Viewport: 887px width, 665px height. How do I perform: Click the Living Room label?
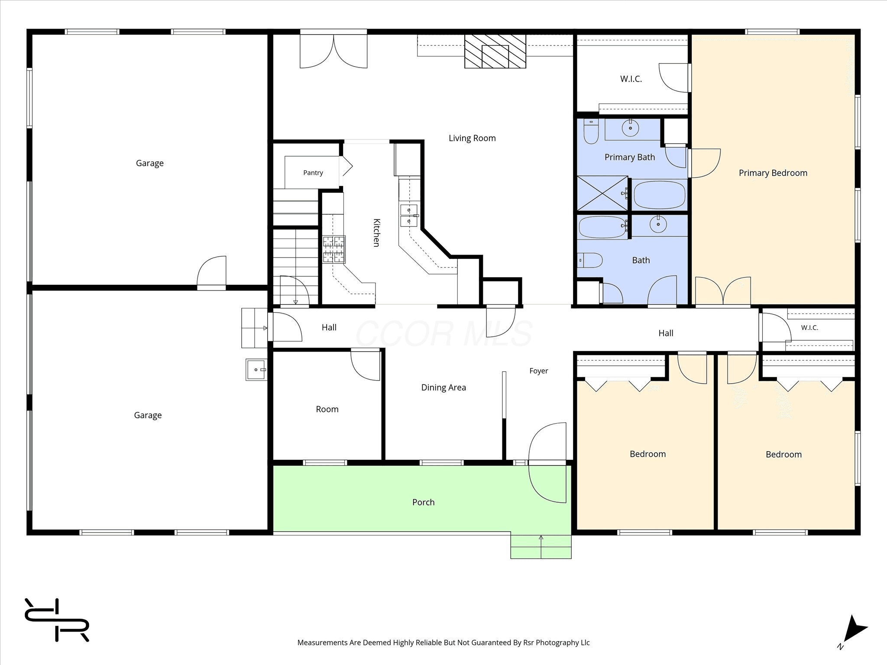pyautogui.click(x=472, y=138)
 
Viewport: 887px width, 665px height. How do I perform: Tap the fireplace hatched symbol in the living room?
pyautogui.click(x=495, y=52)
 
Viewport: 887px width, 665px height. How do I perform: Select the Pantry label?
pyautogui.click(x=313, y=173)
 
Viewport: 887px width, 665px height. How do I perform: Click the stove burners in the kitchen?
pyautogui.click(x=334, y=249)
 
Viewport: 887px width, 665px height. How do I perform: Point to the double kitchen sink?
pyautogui.click(x=409, y=216)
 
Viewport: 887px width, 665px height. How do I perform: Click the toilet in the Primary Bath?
pyautogui.click(x=591, y=131)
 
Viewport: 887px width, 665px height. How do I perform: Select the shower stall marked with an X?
pyautogui.click(x=602, y=193)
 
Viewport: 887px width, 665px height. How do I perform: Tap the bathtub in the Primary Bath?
pyautogui.click(x=660, y=195)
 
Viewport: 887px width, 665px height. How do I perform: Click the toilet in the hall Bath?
pyautogui.click(x=590, y=261)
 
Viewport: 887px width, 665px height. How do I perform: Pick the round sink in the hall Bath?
pyautogui.click(x=658, y=224)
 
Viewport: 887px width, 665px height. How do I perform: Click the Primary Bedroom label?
pyautogui.click(x=773, y=173)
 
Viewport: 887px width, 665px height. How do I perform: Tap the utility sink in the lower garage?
pyautogui.click(x=256, y=370)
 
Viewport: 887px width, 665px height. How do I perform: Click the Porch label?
pyautogui.click(x=423, y=502)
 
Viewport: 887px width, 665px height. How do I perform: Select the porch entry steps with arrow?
pyautogui.click(x=541, y=546)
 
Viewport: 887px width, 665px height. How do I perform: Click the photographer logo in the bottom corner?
pyautogui.click(x=57, y=620)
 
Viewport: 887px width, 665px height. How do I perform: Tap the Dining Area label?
pyautogui.click(x=443, y=387)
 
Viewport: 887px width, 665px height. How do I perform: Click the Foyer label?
pyautogui.click(x=539, y=371)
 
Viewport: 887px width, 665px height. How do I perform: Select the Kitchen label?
pyautogui.click(x=376, y=233)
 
